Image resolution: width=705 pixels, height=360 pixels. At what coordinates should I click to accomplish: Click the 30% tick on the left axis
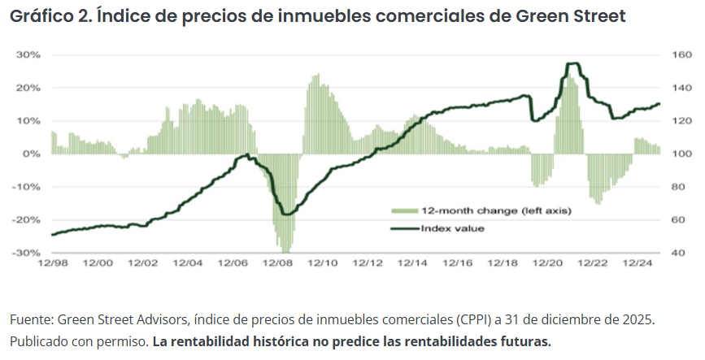click(x=31, y=54)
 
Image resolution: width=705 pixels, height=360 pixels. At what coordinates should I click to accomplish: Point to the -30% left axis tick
click(x=29, y=253)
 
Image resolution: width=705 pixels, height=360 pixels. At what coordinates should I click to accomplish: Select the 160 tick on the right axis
click(x=681, y=54)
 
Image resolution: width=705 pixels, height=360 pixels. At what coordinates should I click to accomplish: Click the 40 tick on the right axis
click(x=678, y=253)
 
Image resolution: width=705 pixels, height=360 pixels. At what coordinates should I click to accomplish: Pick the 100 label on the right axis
click(x=681, y=154)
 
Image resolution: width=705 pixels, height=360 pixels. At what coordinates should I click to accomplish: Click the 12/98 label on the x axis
click(x=52, y=263)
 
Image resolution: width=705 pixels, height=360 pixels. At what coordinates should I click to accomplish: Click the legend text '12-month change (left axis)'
click(x=496, y=211)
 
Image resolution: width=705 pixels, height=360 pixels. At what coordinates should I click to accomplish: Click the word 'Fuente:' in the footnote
click(x=30, y=319)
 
